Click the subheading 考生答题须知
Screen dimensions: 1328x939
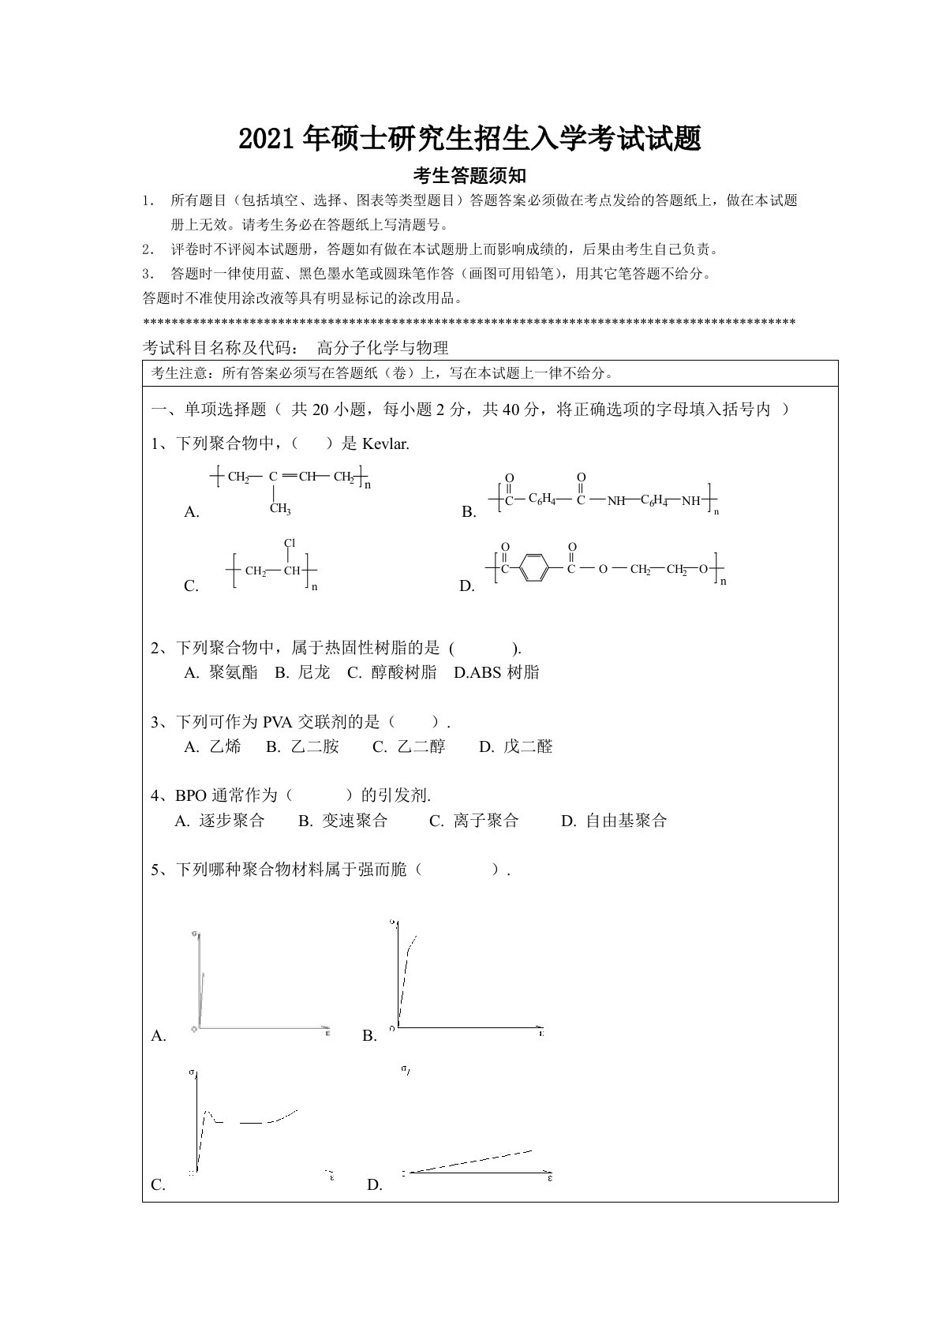click(469, 174)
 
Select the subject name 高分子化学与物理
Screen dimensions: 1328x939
click(383, 347)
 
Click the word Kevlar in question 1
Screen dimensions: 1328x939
click(385, 443)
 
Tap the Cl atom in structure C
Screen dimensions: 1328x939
click(290, 544)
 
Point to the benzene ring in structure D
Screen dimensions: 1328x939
click(533, 569)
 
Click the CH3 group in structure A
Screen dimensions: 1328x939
click(279, 509)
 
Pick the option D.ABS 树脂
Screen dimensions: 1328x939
click(497, 672)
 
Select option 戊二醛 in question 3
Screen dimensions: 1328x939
click(527, 746)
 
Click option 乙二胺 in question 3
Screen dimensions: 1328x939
click(314, 746)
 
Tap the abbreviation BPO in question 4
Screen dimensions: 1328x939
click(189, 795)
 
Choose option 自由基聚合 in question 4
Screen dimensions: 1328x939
click(626, 821)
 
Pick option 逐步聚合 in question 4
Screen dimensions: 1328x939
click(231, 821)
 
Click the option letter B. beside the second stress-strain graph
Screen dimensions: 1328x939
click(369, 1036)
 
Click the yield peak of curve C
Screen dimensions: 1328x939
click(207, 1113)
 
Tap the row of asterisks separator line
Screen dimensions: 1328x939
click(469, 323)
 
